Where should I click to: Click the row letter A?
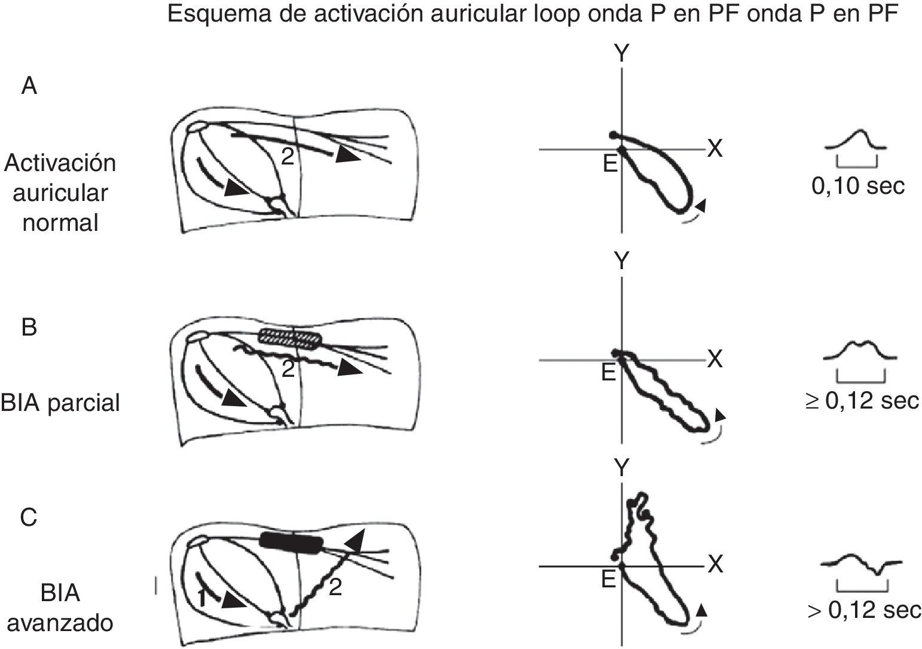point(29,87)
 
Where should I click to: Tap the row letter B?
point(29,327)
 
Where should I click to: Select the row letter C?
point(29,517)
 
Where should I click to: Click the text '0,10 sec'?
point(858,186)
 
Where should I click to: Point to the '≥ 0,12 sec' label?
point(862,401)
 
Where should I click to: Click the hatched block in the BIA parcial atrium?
point(290,339)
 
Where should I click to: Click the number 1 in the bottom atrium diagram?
point(202,599)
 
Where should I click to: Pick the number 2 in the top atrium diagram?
point(288,157)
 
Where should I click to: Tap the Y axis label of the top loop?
point(621,53)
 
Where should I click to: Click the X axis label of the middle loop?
point(715,359)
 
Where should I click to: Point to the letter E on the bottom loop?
point(609,579)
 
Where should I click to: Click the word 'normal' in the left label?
point(60,223)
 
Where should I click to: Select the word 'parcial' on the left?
point(84,403)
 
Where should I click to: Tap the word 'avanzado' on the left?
point(60,623)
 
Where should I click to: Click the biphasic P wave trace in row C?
point(862,564)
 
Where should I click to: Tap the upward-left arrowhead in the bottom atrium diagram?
point(355,540)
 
